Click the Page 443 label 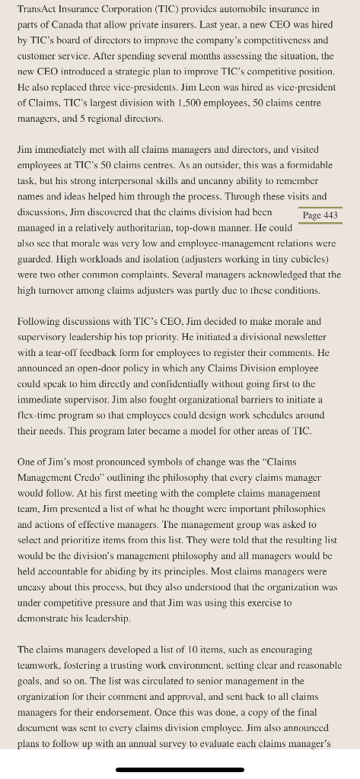coord(320,215)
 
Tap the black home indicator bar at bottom coord(180,769)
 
